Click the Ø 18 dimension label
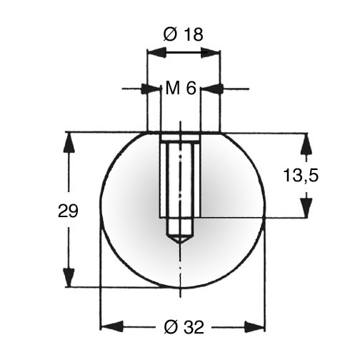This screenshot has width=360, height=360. pyautogui.click(x=184, y=34)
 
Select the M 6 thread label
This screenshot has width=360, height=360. pyautogui.click(x=181, y=88)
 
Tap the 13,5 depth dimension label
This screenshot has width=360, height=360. pyautogui.click(x=301, y=175)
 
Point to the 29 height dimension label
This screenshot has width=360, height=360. pyautogui.click(x=68, y=211)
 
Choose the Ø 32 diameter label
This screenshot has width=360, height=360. pyautogui.click(x=184, y=327)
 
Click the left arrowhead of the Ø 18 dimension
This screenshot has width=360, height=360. pyautogui.click(x=156, y=52)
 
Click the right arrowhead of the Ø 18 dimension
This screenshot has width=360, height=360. pyautogui.click(x=211, y=52)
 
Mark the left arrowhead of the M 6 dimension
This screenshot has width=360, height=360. pyautogui.click(x=151, y=89)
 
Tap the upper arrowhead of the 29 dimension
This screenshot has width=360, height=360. pyautogui.click(x=69, y=142)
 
